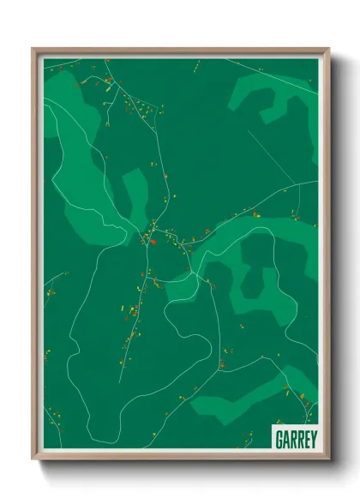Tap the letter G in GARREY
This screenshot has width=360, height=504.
279,438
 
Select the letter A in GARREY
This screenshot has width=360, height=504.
285,438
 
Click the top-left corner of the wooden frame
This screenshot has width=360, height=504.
33,49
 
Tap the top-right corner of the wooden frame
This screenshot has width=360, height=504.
328,49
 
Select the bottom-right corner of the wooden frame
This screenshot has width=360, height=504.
328,459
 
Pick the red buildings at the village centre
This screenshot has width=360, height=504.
153,241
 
